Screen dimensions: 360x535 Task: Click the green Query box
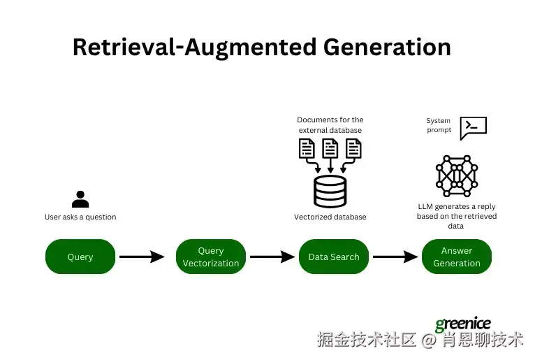(80, 257)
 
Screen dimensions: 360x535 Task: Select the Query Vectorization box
(211, 257)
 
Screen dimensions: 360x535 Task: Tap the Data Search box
(334, 257)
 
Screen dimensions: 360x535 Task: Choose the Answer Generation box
(457, 257)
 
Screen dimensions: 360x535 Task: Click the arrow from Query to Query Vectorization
(141, 257)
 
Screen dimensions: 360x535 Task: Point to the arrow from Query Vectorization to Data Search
(272, 257)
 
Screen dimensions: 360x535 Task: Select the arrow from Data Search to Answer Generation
(395, 257)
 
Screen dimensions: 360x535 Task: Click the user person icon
(80, 199)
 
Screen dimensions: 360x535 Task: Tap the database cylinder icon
(330, 191)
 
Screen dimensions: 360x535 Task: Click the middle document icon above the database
(330, 148)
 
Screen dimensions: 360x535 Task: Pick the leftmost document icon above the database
(307, 148)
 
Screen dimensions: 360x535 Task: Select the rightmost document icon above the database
(353, 148)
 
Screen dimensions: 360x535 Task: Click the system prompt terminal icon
(474, 127)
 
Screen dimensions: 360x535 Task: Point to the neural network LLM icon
(456, 175)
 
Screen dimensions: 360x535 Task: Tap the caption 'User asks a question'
(80, 217)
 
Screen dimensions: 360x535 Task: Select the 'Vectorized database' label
(330, 217)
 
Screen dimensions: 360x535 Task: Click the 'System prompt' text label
(439, 125)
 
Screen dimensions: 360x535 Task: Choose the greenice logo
(463, 324)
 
